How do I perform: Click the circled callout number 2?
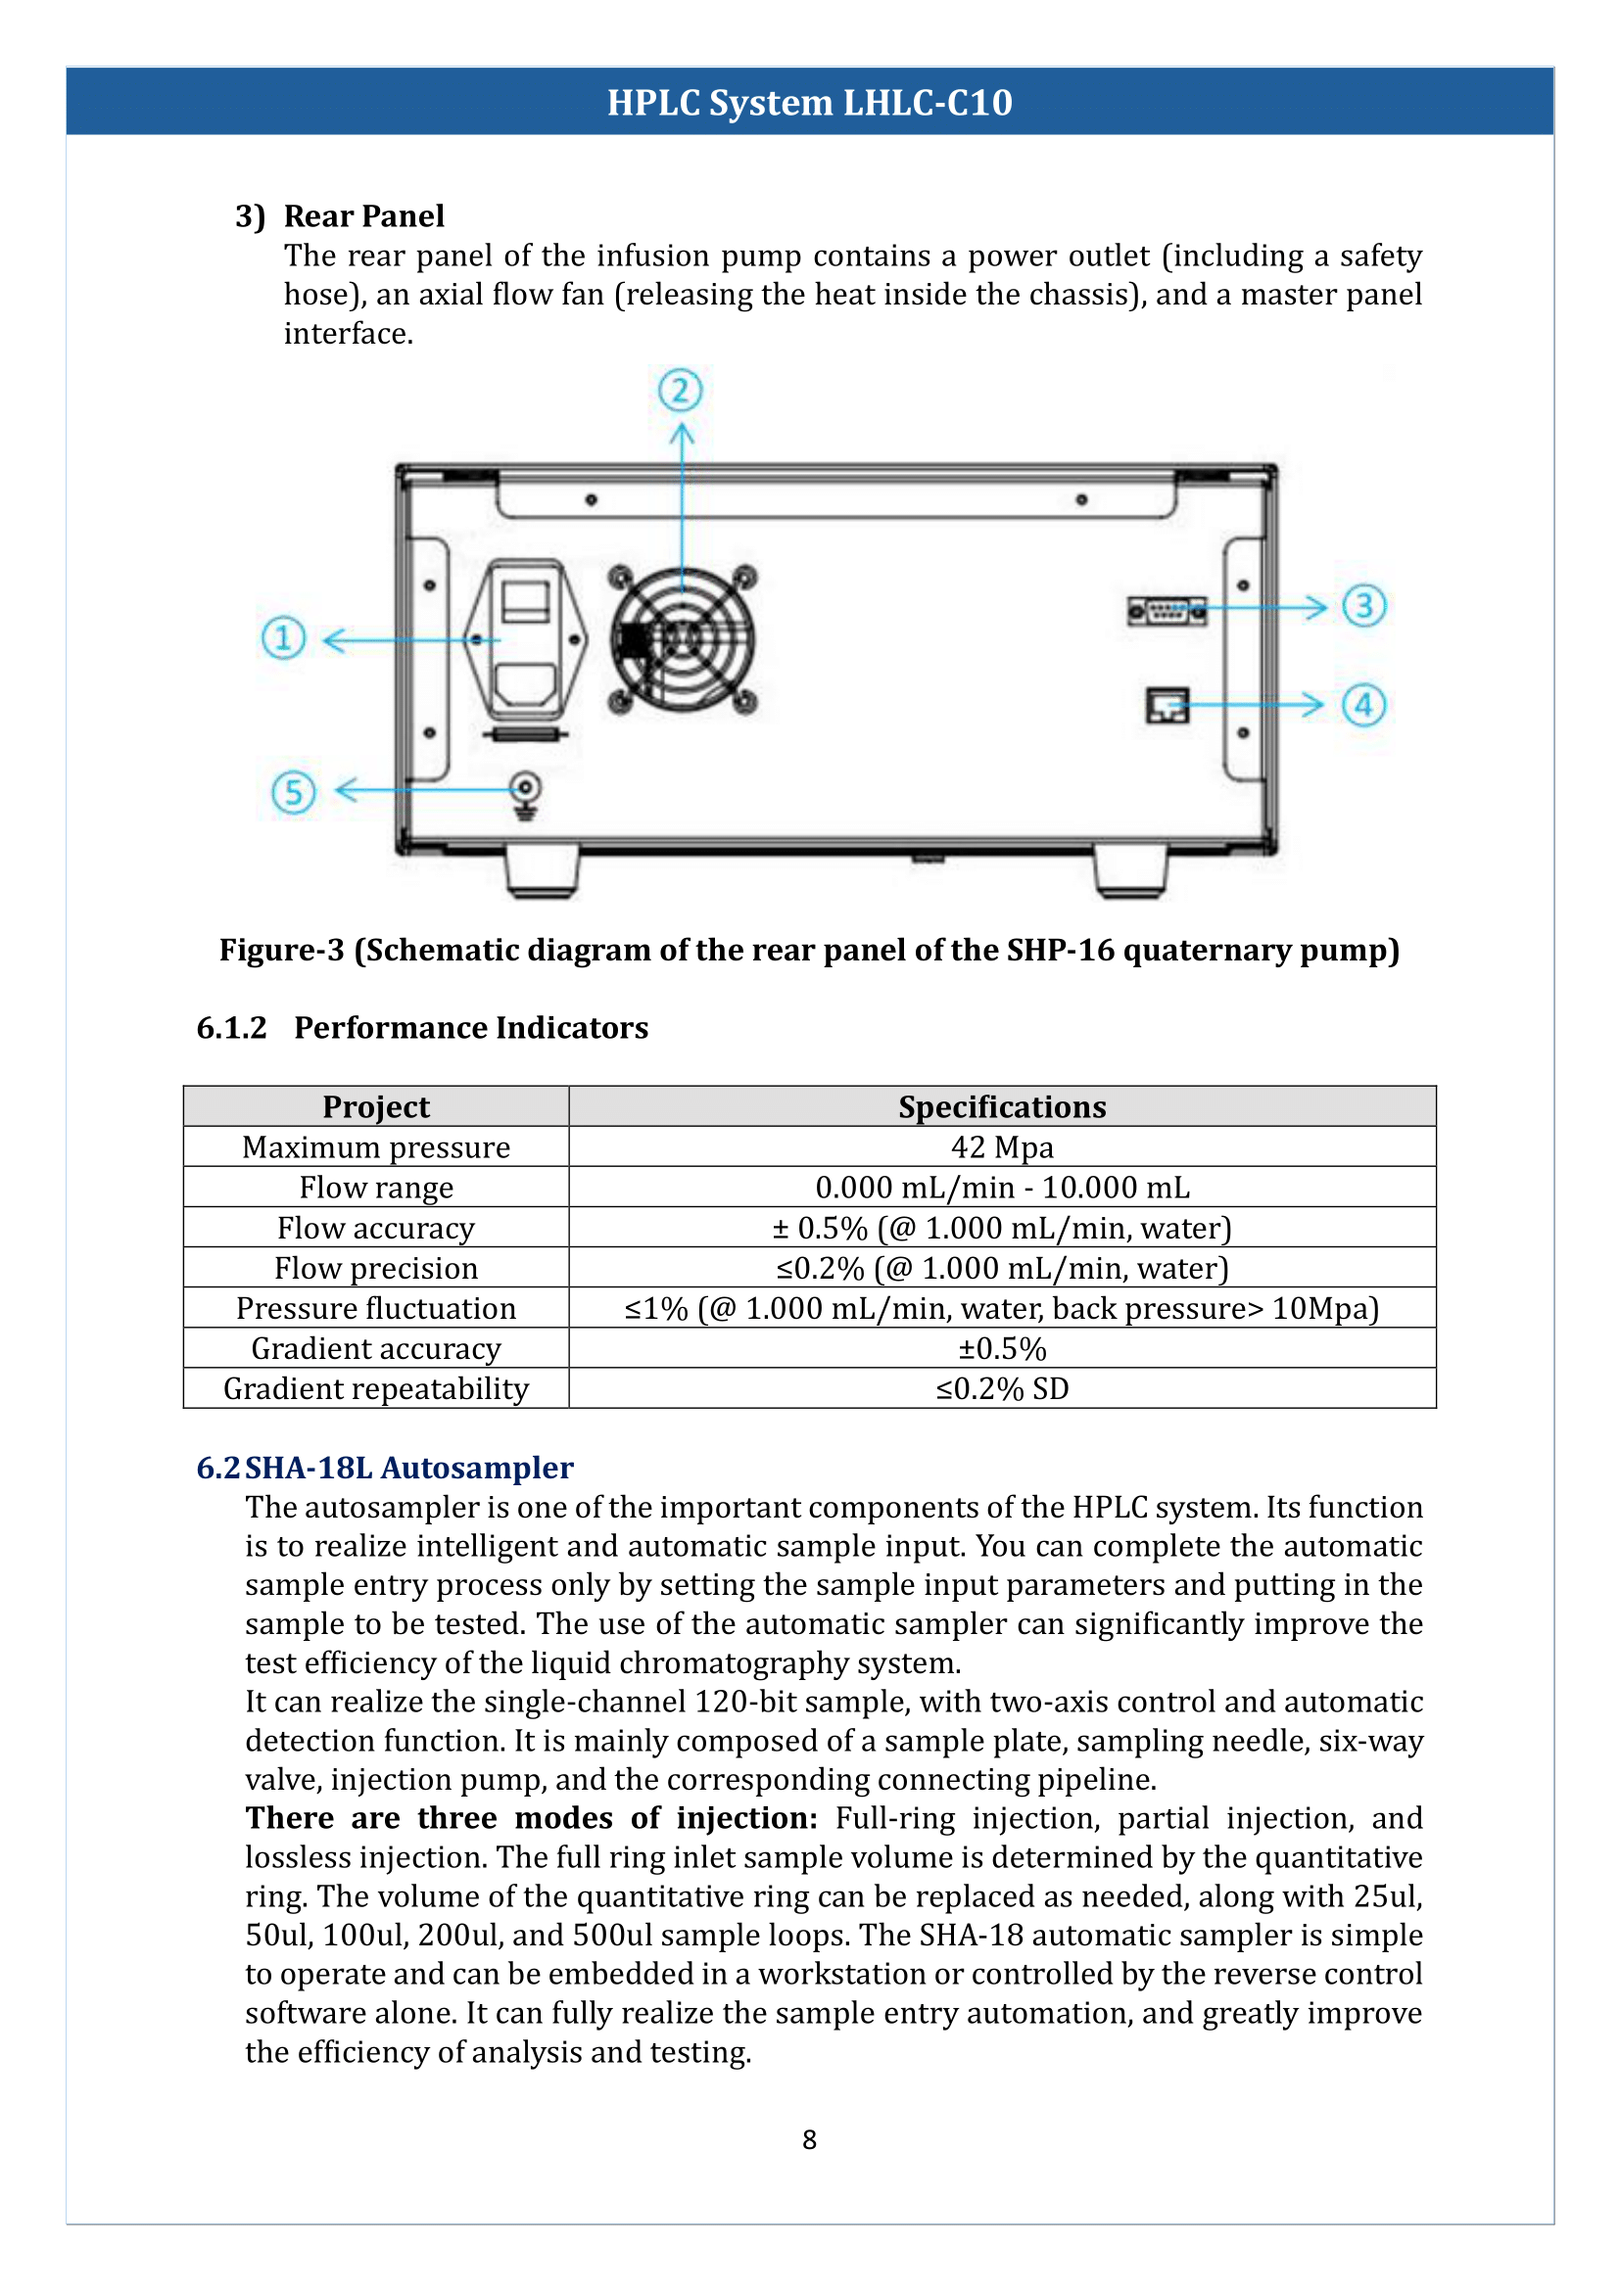681,390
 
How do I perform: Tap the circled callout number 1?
283,637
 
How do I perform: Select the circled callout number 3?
1363,605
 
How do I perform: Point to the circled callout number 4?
1363,705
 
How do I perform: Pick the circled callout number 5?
293,792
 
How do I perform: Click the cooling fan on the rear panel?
683,639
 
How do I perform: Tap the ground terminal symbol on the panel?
526,795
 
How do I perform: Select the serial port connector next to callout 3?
1167,610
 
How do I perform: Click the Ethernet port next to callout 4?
1167,705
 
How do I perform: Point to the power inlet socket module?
526,639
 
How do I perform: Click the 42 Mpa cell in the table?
1002,1147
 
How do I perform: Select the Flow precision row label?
376,1268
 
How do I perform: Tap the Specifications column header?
1002,1106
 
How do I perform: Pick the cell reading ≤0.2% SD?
1002,1388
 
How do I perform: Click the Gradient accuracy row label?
376,1348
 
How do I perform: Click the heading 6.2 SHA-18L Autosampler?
385,1468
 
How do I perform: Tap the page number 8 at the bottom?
809,2139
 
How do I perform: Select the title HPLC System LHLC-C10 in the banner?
809,102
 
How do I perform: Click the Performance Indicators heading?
471,1027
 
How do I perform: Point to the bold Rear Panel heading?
364,215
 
